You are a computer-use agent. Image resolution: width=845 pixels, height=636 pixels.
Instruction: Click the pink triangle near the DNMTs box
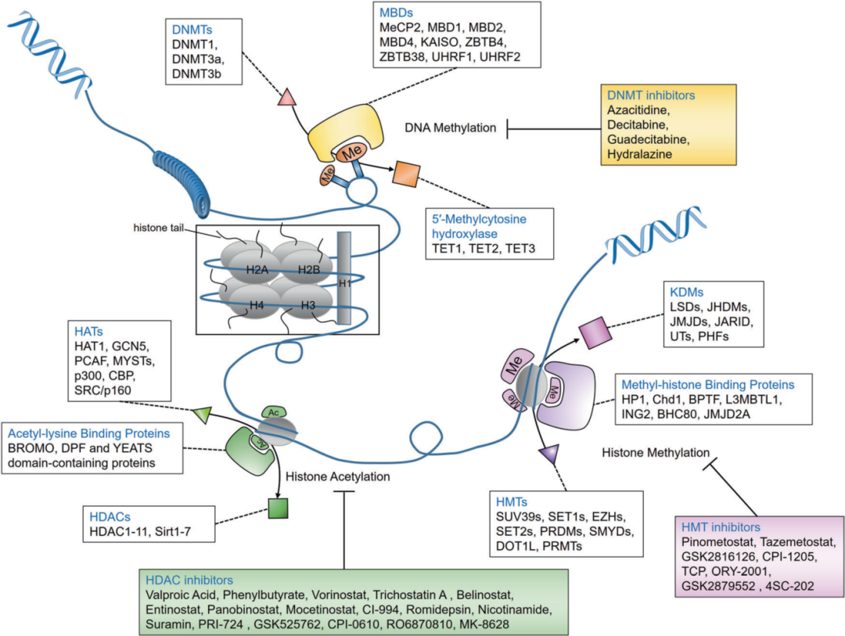point(286,98)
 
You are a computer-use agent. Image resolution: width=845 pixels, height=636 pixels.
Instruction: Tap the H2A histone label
point(255,270)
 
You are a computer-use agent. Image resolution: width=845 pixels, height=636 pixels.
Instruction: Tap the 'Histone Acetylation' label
point(339,476)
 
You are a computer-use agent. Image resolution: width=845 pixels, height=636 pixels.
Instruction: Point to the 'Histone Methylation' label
point(655,452)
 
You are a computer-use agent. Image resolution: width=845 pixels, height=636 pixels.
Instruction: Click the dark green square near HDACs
point(279,508)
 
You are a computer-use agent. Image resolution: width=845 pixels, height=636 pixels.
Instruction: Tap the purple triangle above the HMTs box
point(548,453)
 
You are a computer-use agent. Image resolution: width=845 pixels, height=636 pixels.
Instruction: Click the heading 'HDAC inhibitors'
point(189,580)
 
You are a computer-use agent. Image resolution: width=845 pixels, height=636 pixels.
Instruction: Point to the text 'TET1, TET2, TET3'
point(480,249)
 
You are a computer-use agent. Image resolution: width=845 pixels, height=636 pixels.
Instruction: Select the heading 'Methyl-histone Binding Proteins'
point(707,385)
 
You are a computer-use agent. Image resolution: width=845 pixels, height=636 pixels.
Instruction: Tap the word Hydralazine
point(642,155)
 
